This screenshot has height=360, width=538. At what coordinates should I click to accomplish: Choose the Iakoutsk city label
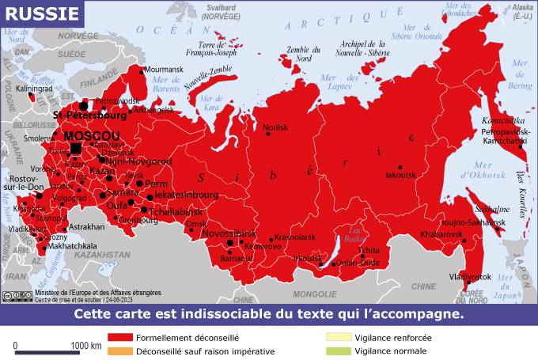[400, 175]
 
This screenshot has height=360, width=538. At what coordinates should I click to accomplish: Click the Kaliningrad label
[33, 89]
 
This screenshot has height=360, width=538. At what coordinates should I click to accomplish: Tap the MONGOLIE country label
[314, 294]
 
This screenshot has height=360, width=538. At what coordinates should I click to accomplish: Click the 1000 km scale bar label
[85, 346]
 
